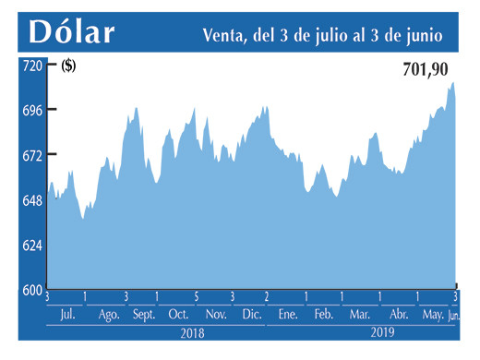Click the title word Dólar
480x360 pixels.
coord(72,32)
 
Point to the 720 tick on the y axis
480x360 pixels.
coord(32,66)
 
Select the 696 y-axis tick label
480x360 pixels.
coord(32,111)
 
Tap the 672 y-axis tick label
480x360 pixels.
coord(32,156)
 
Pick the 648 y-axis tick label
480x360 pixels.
coord(32,201)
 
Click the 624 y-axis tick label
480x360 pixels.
coord(32,246)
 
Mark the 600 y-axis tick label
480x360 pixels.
coord(32,290)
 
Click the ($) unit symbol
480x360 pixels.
coord(69,66)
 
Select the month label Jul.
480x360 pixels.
coord(66,315)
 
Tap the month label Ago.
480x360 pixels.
coord(109,315)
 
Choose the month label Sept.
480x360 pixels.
coord(143,315)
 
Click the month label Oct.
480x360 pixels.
coord(178,315)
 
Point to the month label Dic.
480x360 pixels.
coord(251,315)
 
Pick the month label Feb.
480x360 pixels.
coord(323,315)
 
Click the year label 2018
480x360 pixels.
coord(192,331)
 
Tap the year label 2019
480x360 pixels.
coord(381,331)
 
